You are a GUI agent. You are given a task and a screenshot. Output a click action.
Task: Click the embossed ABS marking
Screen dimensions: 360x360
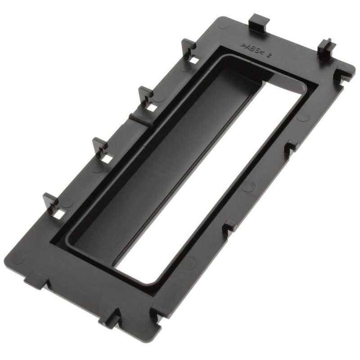[252, 49]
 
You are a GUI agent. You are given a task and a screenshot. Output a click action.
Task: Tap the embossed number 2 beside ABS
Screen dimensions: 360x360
[269, 55]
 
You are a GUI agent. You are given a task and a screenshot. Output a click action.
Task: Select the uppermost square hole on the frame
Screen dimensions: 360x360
[194, 60]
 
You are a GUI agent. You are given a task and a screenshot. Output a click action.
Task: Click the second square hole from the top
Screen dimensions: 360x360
[152, 108]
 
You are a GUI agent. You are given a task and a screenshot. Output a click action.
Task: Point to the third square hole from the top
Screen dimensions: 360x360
[107, 159]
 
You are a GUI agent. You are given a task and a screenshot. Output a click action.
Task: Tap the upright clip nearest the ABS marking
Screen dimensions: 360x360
[188, 48]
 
